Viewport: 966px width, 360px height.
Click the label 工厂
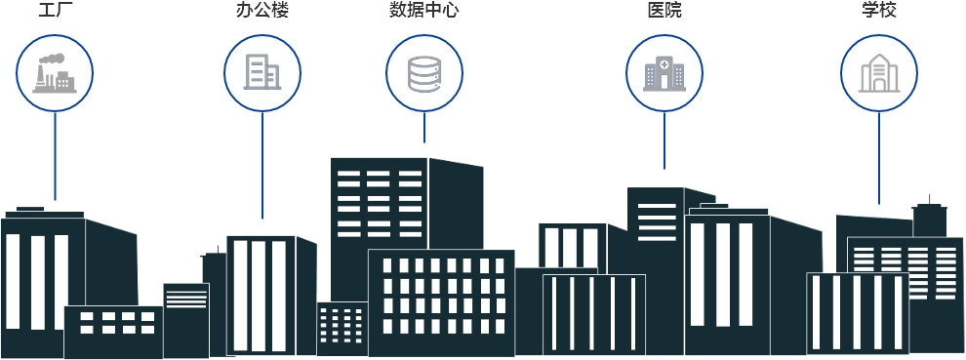(55, 12)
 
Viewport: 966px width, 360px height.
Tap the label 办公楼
(262, 12)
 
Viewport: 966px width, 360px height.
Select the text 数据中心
(423, 12)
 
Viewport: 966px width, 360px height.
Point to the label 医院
(664, 12)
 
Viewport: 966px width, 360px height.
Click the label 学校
(878, 12)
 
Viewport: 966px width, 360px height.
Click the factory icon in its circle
(55, 72)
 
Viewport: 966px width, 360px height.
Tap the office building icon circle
(262, 72)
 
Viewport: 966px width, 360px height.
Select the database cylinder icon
(423, 72)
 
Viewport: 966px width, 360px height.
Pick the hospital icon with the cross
(664, 72)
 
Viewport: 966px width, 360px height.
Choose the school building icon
(878, 72)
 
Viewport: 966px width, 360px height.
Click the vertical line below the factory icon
(55, 156)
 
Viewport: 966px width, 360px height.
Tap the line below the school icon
(878, 156)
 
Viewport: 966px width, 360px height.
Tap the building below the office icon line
(262, 293)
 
